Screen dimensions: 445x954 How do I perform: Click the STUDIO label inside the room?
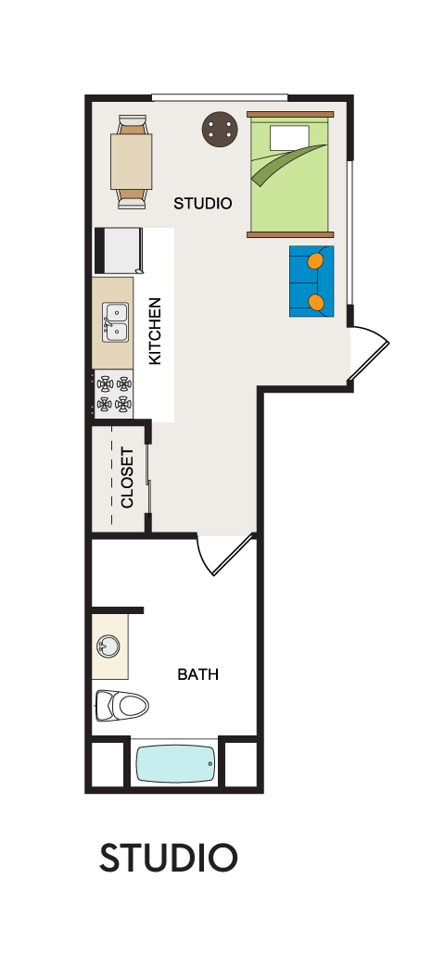click(203, 203)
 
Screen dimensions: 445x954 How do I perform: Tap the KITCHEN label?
click(155, 331)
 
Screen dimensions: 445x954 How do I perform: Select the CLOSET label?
click(127, 478)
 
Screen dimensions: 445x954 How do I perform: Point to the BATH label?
click(197, 674)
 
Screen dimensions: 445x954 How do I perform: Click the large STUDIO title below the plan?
click(168, 858)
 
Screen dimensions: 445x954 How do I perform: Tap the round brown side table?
click(220, 129)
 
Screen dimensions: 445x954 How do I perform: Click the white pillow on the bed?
click(290, 138)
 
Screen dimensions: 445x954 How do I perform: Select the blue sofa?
click(311, 281)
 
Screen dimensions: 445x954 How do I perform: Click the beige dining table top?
click(131, 162)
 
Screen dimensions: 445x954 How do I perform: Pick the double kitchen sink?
click(115, 322)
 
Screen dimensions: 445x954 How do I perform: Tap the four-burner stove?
click(114, 394)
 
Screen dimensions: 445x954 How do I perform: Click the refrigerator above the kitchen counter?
click(119, 250)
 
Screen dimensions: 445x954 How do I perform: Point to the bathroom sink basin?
click(108, 646)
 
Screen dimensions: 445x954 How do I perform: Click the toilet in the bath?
click(122, 705)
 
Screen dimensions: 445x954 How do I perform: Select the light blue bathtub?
click(175, 764)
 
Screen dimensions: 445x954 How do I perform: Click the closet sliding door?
click(149, 478)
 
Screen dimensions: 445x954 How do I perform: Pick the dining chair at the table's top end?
click(132, 125)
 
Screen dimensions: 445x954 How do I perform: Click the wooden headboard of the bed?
click(290, 114)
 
